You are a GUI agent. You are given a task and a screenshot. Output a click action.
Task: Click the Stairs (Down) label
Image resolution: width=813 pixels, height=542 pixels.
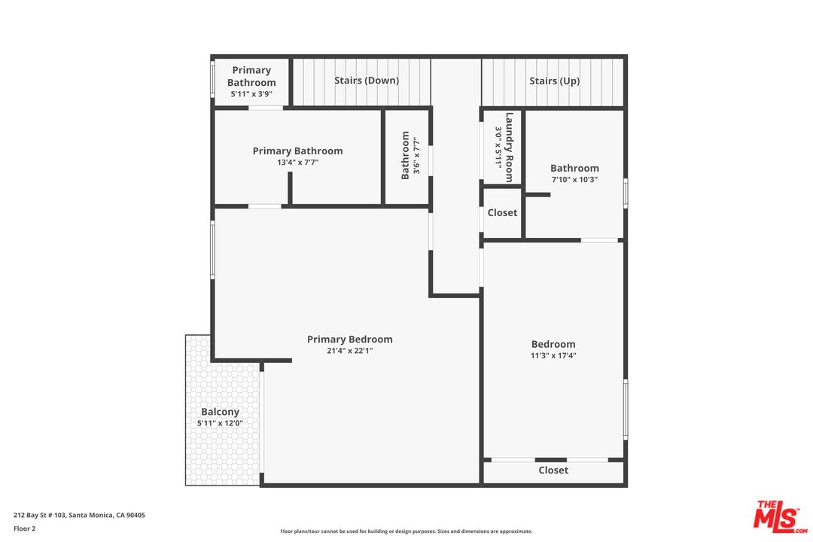pyautogui.click(x=367, y=81)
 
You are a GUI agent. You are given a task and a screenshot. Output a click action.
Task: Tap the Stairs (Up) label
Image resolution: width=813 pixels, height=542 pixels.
pyautogui.click(x=554, y=81)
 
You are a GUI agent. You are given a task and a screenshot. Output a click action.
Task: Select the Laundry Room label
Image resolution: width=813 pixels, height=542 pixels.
pyautogui.click(x=510, y=147)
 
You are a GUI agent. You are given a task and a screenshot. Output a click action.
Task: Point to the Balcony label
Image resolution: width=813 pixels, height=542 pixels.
pyautogui.click(x=220, y=412)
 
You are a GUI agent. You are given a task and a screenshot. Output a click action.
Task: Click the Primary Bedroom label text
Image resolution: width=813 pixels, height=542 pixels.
pyautogui.click(x=349, y=340)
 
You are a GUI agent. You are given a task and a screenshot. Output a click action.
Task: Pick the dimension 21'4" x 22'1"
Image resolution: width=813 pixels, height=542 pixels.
pyautogui.click(x=349, y=351)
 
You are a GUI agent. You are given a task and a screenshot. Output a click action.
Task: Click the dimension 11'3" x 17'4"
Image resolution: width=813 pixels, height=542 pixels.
pyautogui.click(x=553, y=356)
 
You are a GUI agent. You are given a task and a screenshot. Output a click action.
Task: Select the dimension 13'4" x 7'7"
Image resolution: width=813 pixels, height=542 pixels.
pyautogui.click(x=297, y=162)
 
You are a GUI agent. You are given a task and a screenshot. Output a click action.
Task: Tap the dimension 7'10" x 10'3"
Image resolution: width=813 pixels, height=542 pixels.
pyautogui.click(x=574, y=179)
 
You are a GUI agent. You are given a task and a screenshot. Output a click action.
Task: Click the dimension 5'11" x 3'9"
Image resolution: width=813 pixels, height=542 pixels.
pyautogui.click(x=251, y=94)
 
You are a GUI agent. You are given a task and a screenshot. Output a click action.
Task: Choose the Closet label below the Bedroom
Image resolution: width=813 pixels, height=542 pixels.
pyautogui.click(x=553, y=470)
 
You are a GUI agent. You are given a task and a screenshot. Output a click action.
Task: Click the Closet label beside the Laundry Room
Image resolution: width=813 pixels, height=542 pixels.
pyautogui.click(x=502, y=213)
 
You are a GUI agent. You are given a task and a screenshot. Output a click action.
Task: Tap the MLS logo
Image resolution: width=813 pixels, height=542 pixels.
pyautogui.click(x=780, y=516)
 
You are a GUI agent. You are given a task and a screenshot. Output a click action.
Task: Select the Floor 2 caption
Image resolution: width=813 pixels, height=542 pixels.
pyautogui.click(x=24, y=528)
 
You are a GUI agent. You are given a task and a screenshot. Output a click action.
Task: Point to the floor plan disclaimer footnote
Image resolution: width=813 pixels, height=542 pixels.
pyautogui.click(x=406, y=531)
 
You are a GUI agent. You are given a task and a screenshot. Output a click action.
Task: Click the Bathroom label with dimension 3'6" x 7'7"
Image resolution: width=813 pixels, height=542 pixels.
pyautogui.click(x=406, y=155)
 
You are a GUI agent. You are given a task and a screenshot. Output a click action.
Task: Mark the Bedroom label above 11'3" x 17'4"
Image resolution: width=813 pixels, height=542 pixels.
pyautogui.click(x=553, y=344)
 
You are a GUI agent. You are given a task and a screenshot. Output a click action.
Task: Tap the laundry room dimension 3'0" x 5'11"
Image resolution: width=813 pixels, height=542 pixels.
pyautogui.click(x=498, y=147)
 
